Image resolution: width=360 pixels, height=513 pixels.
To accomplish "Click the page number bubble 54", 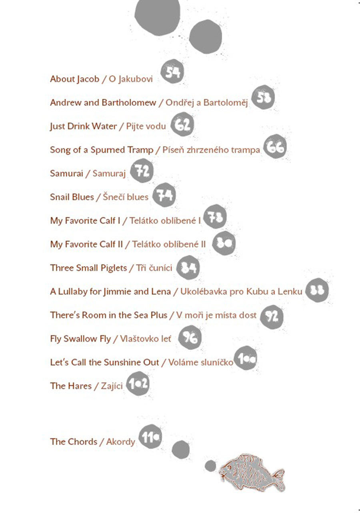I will click(172, 72).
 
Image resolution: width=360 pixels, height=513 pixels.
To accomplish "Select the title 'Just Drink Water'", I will click(83, 126).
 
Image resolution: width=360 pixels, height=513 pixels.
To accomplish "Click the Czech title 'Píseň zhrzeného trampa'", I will click(211, 150).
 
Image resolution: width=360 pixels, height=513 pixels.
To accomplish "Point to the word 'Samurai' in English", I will click(66, 174).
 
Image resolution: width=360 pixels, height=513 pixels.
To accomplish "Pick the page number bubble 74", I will click(164, 195).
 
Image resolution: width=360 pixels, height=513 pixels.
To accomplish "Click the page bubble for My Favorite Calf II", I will click(224, 243).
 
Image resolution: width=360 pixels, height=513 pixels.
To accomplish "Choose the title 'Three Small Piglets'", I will click(88, 268).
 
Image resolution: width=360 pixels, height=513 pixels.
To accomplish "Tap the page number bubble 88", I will click(317, 290).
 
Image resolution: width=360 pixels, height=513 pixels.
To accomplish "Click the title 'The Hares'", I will click(71, 386).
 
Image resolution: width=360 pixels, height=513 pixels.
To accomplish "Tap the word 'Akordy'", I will click(120, 442).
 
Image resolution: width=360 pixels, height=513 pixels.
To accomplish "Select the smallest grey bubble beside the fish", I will click(210, 466).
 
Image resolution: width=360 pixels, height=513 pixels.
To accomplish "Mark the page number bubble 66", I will click(275, 147).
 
